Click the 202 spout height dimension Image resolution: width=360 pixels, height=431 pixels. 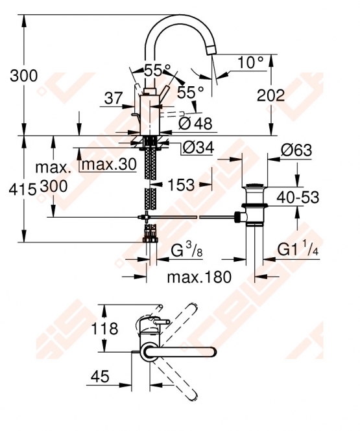[x=270, y=95]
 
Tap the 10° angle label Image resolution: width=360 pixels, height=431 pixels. [x=250, y=62]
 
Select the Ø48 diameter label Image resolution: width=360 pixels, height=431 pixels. [x=195, y=123]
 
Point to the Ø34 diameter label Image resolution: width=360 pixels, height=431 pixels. [x=198, y=148]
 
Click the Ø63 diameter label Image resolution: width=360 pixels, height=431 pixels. [x=296, y=150]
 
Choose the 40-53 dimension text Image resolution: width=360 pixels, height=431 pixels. [x=298, y=197]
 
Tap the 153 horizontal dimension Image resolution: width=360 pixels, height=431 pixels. [x=181, y=185]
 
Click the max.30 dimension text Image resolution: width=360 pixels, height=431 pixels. [x=109, y=165]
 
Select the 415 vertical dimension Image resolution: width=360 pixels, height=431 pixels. [x=23, y=189]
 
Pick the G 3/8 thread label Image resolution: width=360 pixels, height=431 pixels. [x=187, y=250]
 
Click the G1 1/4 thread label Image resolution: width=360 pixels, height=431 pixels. [x=298, y=249]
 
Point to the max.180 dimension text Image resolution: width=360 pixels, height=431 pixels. [x=199, y=277]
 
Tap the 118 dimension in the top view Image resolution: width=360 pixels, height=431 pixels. [x=104, y=329]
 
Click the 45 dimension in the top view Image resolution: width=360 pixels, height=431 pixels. [x=100, y=377]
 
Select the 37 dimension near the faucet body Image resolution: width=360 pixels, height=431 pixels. [x=113, y=98]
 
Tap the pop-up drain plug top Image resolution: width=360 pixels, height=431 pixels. [x=254, y=186]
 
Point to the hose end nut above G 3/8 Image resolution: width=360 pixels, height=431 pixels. [x=150, y=239]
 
